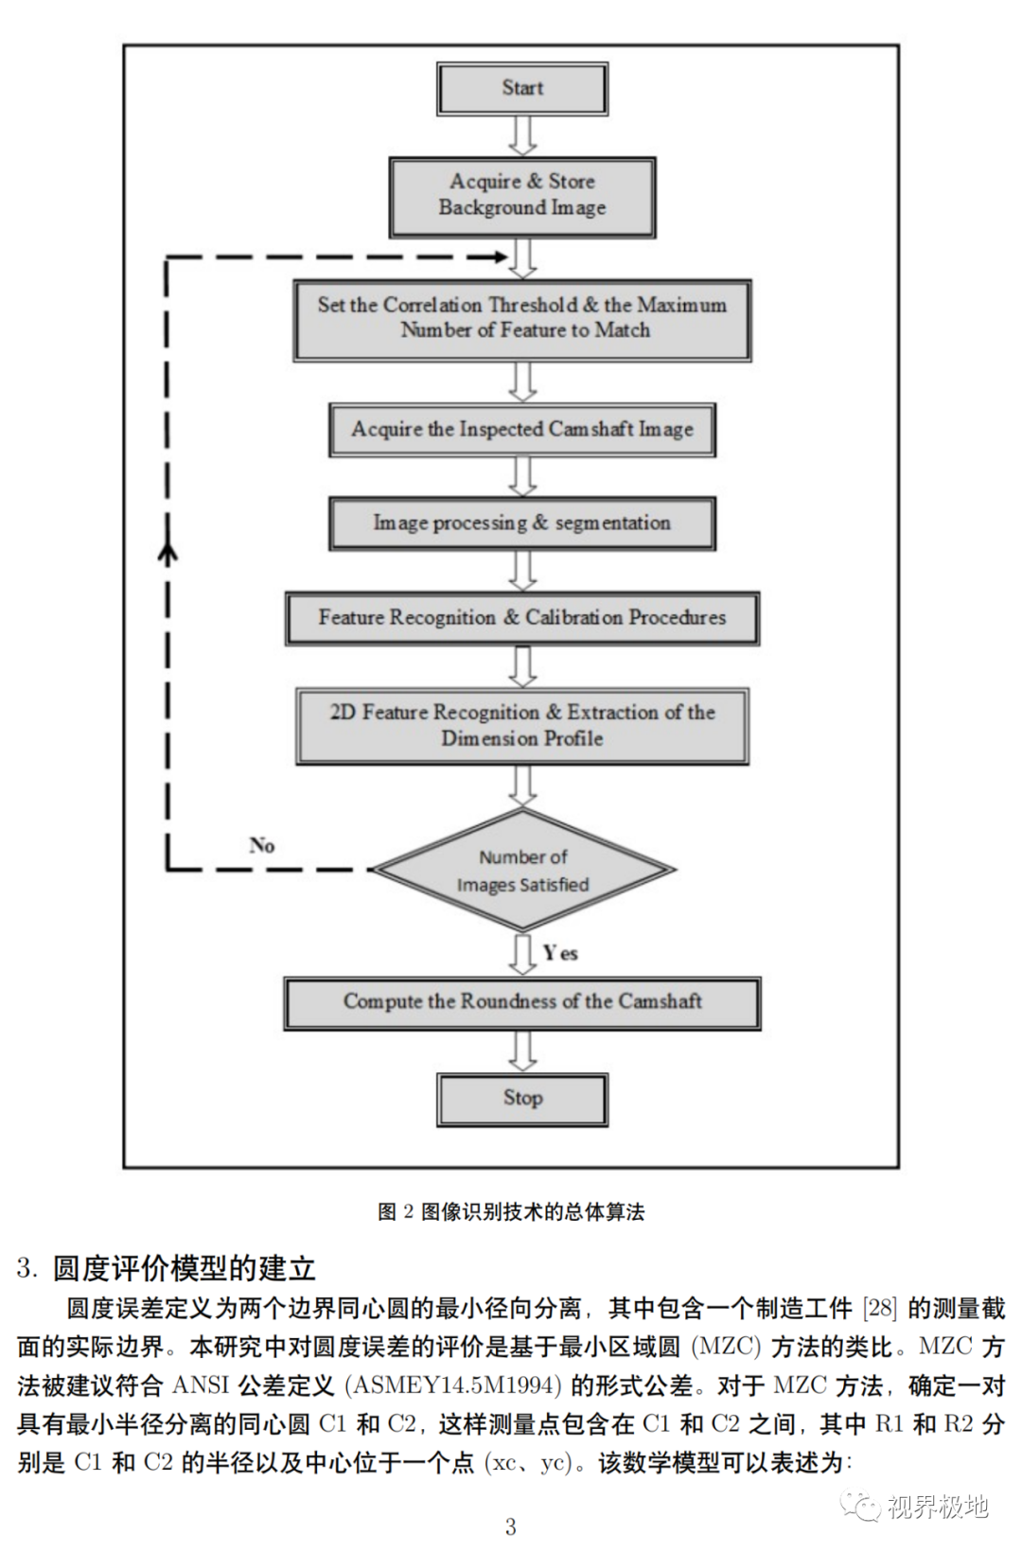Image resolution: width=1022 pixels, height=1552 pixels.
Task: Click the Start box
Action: click(x=522, y=89)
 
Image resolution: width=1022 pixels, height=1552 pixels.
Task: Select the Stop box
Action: click(x=522, y=1099)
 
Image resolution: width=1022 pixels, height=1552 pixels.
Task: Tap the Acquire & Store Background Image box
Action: click(x=522, y=196)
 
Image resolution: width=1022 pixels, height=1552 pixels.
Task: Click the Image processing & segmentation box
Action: click(x=522, y=523)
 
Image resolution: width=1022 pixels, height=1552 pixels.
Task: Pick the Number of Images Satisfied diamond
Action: click(x=522, y=871)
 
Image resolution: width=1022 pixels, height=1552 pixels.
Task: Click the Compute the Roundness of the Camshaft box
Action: click(x=522, y=1002)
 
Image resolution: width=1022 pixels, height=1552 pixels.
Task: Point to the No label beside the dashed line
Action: click(x=262, y=845)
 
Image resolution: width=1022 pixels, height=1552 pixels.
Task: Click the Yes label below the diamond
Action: click(x=560, y=953)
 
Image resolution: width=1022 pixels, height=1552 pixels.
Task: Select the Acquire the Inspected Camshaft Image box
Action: click(x=522, y=430)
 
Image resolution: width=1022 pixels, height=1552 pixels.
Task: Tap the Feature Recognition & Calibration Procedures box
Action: click(x=522, y=618)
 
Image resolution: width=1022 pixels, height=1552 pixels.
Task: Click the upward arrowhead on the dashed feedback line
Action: click(x=167, y=554)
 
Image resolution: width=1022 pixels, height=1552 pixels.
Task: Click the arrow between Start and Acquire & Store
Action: click(x=522, y=135)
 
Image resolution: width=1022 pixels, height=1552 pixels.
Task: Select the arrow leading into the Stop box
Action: click(x=522, y=1050)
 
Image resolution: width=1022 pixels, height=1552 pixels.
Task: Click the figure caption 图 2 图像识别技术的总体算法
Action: click(x=511, y=1212)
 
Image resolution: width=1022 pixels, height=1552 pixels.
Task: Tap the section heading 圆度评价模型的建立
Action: click(x=184, y=1268)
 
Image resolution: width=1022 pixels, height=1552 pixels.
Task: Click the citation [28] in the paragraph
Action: click(x=879, y=1309)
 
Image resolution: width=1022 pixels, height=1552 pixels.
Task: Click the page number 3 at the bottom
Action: click(x=511, y=1526)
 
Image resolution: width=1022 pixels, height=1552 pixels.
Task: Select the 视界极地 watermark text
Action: click(x=937, y=1507)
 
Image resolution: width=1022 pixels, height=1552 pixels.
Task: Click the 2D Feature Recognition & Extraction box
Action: click(x=522, y=726)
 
